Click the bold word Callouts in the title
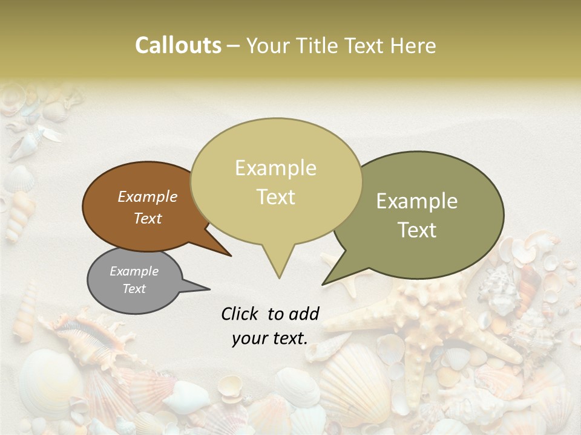click(178, 45)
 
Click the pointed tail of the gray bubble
click(209, 288)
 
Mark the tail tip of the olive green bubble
click(324, 283)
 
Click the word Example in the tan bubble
click(276, 168)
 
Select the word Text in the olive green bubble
click(418, 230)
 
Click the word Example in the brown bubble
click(148, 197)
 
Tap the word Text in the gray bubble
click(134, 289)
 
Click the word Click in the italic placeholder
click(241, 314)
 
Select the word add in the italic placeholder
click(303, 314)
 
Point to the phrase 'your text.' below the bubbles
click(270, 338)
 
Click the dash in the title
click(234, 45)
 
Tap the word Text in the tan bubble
click(276, 197)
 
